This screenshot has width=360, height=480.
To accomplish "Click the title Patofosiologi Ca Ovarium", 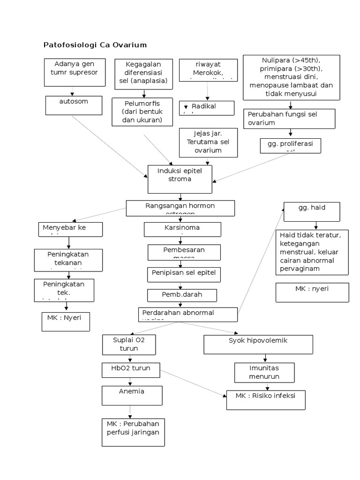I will click(x=95, y=45).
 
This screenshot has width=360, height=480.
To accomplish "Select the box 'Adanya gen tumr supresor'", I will click(x=75, y=72).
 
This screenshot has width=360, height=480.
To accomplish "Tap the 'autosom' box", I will click(x=74, y=105).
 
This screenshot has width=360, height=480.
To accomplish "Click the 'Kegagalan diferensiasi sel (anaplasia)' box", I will click(x=142, y=73).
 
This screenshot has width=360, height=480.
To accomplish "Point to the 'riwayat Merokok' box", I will click(x=209, y=69).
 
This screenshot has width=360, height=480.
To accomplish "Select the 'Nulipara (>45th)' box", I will click(x=291, y=77).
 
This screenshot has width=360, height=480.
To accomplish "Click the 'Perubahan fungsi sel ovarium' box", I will click(x=289, y=119).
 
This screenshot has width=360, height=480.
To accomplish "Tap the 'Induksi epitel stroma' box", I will click(x=180, y=179).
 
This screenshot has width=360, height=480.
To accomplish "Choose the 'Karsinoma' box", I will click(x=182, y=229).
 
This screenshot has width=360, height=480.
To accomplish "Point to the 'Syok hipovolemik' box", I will click(x=258, y=344).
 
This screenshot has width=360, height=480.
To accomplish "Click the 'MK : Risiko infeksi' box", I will click(x=266, y=400).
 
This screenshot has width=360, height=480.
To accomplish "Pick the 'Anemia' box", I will click(x=133, y=395).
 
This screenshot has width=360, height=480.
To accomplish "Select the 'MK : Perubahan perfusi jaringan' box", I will click(x=133, y=432).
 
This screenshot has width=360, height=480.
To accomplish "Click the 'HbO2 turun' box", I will click(x=131, y=369).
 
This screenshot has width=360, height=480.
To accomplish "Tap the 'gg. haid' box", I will click(x=311, y=211).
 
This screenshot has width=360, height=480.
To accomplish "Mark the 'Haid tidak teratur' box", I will click(x=312, y=252).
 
